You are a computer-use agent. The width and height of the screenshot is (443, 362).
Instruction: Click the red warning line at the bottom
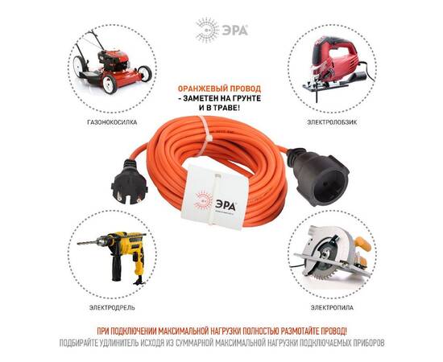tap(221, 331)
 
